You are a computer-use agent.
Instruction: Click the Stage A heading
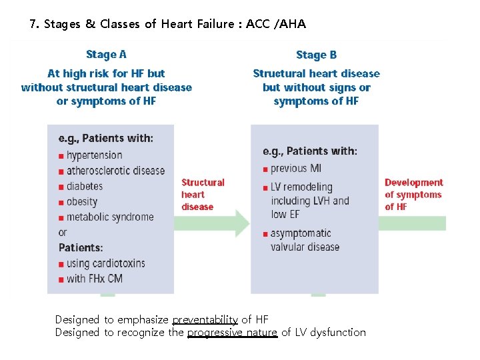pos(106,55)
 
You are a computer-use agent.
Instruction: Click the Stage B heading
pos(316,55)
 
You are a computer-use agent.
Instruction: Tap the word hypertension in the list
pos(94,155)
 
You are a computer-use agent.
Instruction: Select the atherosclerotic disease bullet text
pos(115,171)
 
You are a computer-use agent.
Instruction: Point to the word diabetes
pos(85,186)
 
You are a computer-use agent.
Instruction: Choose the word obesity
pos(82,201)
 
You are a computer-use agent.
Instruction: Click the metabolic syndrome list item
pos(110,217)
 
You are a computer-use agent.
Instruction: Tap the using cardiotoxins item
pos(105,263)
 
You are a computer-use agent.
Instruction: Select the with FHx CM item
pos(95,278)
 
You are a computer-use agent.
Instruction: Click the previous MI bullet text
pos(296,169)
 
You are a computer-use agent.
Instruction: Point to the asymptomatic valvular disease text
pos(305,240)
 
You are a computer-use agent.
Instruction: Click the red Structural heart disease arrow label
pos(203,194)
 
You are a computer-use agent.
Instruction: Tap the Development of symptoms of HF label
pos(413,194)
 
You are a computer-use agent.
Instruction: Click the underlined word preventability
pos(205,320)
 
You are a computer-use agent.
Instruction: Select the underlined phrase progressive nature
pos(232,332)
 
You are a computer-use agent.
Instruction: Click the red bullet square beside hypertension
pos(61,156)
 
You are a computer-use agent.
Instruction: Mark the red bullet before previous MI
pos(265,169)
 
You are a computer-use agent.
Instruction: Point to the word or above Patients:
pos(63,233)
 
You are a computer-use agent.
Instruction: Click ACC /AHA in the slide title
pos(275,25)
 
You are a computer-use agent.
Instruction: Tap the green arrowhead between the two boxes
pos(241,223)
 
